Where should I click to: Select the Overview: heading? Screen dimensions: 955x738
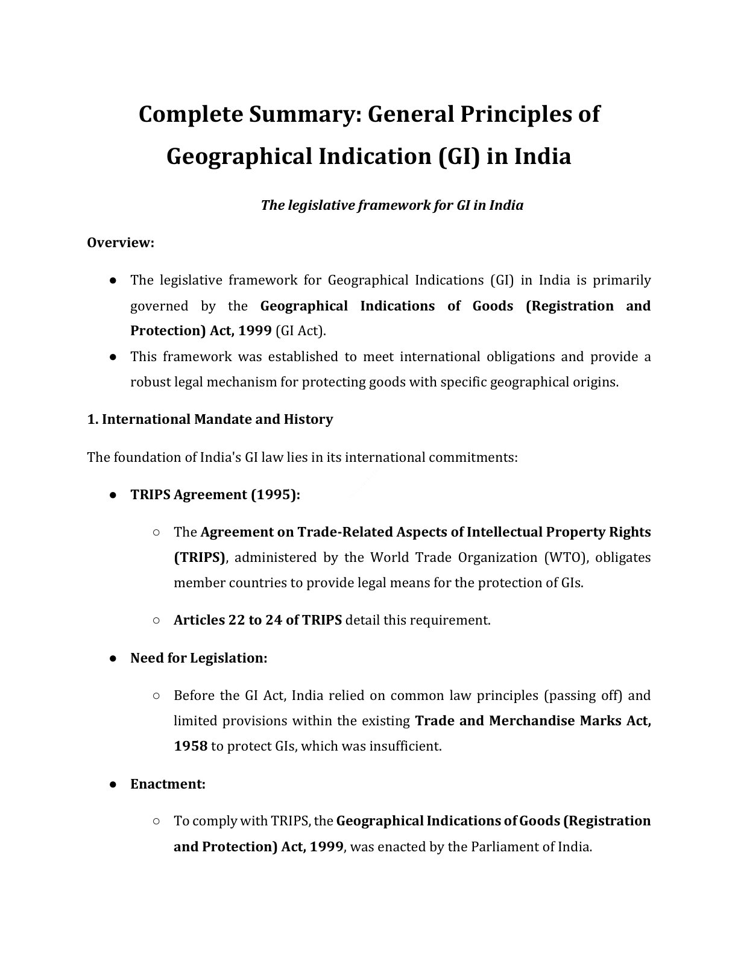pos(121,243)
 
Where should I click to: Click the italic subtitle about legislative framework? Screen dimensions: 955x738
pos(392,206)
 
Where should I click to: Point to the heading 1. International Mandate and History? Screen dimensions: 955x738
pos(210,420)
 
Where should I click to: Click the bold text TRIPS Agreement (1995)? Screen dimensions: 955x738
pos(215,495)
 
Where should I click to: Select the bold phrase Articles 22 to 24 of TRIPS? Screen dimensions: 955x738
pos(257,620)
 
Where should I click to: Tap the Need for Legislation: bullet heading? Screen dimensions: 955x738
pos(198,658)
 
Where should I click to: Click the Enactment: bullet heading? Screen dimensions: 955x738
pos(168,784)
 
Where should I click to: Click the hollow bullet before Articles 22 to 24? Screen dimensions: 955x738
pos(156,620)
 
